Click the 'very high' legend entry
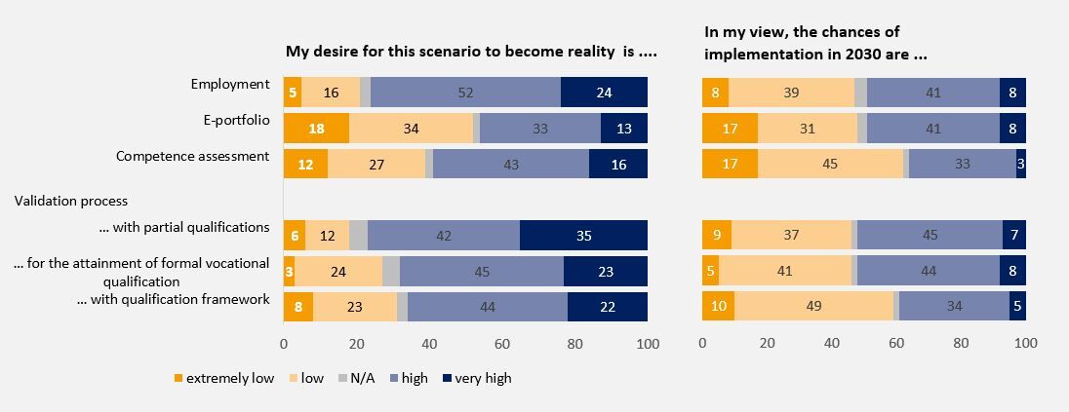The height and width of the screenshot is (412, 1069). pos(484,378)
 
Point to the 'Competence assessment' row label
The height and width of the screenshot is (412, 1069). pos(192,156)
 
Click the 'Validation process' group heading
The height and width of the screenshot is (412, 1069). pos(71,201)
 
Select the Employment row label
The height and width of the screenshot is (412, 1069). pos(230,84)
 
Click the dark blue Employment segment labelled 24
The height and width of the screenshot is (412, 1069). pos(604,92)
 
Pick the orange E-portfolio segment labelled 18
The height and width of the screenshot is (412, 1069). pos(316,129)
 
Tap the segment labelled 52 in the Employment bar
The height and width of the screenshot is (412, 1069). pos(465,92)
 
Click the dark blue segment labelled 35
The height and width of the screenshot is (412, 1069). pos(583,236)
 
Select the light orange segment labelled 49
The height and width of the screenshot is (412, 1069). pos(813,307)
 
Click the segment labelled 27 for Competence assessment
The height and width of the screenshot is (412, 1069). pos(376,165)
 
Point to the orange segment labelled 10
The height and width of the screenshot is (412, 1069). pos(718,307)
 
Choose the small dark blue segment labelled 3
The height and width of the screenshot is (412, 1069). pos(1020,165)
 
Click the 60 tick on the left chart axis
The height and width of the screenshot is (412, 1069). pos(502,343)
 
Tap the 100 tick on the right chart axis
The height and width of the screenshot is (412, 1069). pos(1025,343)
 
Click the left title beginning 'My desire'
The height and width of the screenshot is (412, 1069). pos(471,52)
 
